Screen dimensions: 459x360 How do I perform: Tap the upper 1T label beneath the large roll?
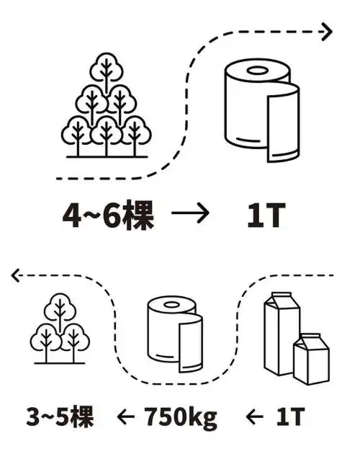click(x=261, y=215)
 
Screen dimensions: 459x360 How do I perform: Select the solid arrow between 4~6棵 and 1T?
click(x=190, y=214)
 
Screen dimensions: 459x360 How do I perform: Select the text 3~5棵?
click(x=60, y=416)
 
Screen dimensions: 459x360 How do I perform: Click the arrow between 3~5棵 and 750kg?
click(x=126, y=416)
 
